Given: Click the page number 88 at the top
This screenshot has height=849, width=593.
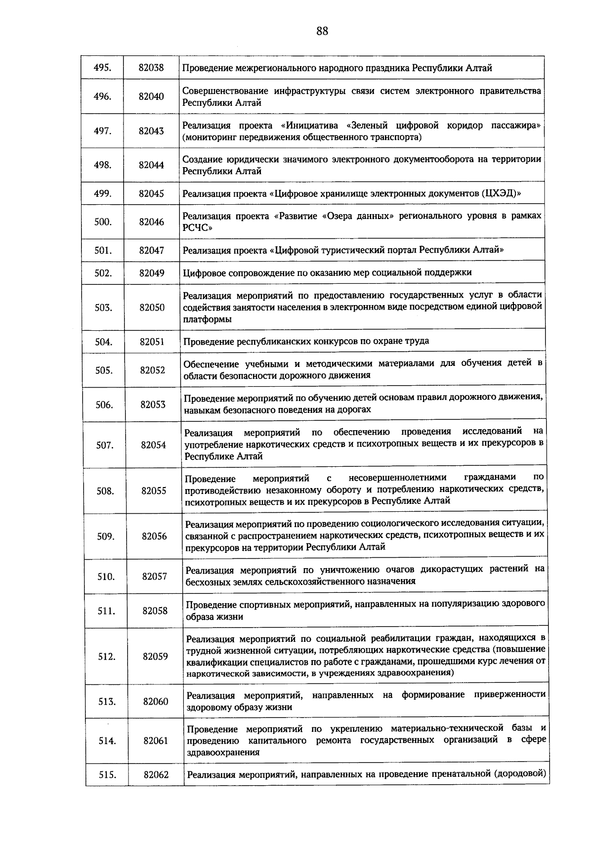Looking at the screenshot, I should [x=322, y=32].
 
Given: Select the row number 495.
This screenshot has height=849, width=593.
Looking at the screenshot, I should [x=102, y=68].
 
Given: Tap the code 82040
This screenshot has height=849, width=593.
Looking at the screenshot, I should [x=151, y=96].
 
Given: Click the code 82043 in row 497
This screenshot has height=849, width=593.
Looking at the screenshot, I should [x=151, y=131].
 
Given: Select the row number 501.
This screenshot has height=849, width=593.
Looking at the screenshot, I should [x=103, y=251].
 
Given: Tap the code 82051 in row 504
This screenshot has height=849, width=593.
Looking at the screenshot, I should [x=152, y=342].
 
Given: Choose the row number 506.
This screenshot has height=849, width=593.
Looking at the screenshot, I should [x=104, y=405].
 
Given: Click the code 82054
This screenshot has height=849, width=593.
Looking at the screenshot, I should [x=153, y=445].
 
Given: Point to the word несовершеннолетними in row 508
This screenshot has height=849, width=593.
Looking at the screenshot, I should [x=397, y=478].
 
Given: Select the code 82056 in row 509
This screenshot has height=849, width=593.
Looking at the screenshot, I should [x=154, y=536].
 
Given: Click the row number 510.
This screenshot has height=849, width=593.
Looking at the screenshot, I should [x=106, y=577].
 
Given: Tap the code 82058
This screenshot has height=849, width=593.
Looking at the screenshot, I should [x=155, y=611].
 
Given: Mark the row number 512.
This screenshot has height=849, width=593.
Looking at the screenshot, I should [x=106, y=657].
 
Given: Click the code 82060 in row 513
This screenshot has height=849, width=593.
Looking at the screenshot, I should [x=156, y=702].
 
